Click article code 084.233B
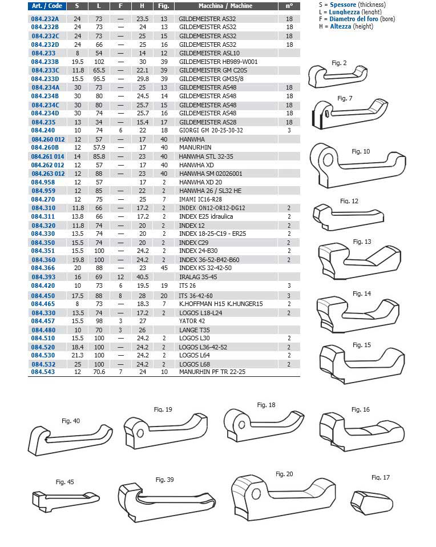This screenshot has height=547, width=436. (45, 62)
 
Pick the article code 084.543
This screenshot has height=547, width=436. (43, 372)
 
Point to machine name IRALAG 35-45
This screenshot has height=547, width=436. (197, 276)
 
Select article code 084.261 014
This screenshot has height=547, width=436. (48, 156)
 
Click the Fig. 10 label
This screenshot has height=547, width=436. (361, 151)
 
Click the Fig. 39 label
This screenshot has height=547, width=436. (164, 480)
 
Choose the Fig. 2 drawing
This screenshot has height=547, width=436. (334, 75)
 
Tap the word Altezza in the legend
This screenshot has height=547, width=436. (341, 26)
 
